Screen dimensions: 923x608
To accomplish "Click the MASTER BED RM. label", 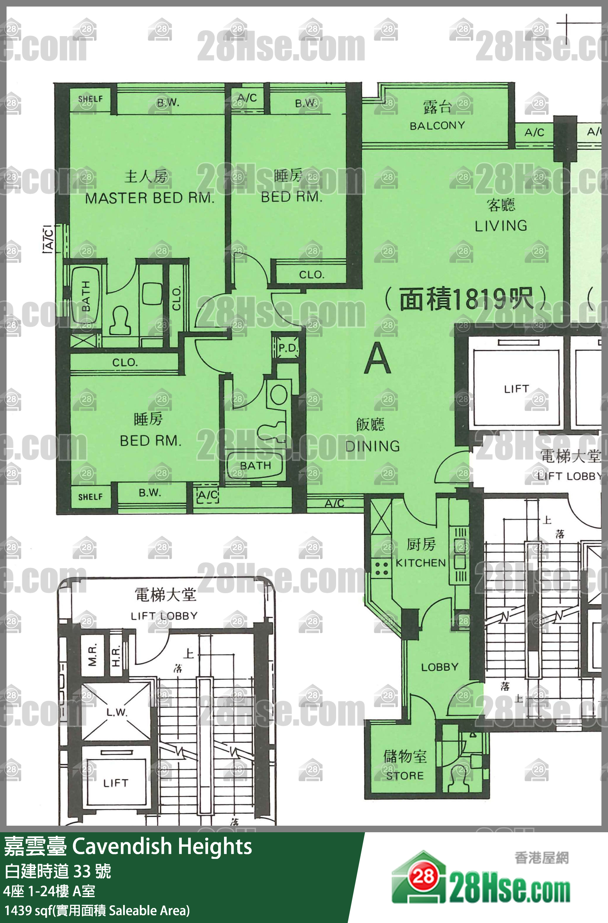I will [149, 198].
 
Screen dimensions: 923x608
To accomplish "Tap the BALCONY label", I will [437, 125].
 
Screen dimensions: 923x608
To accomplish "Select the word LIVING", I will [501, 226].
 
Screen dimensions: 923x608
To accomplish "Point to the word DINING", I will [372, 446].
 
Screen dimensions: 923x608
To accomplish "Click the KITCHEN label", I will [421, 563].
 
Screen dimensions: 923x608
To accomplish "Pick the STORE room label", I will [405, 776].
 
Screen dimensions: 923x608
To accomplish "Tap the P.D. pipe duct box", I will [288, 348].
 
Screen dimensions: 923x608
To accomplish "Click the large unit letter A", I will [377, 359].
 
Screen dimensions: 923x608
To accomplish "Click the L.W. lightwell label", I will [116, 712].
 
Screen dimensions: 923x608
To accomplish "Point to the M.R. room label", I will [92, 655].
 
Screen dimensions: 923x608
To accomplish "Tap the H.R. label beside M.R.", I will [116, 655].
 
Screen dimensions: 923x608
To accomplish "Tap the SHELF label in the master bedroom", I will [90, 99].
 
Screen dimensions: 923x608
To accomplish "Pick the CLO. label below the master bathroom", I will [124, 363].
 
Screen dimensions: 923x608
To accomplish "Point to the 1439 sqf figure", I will [27, 910].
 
